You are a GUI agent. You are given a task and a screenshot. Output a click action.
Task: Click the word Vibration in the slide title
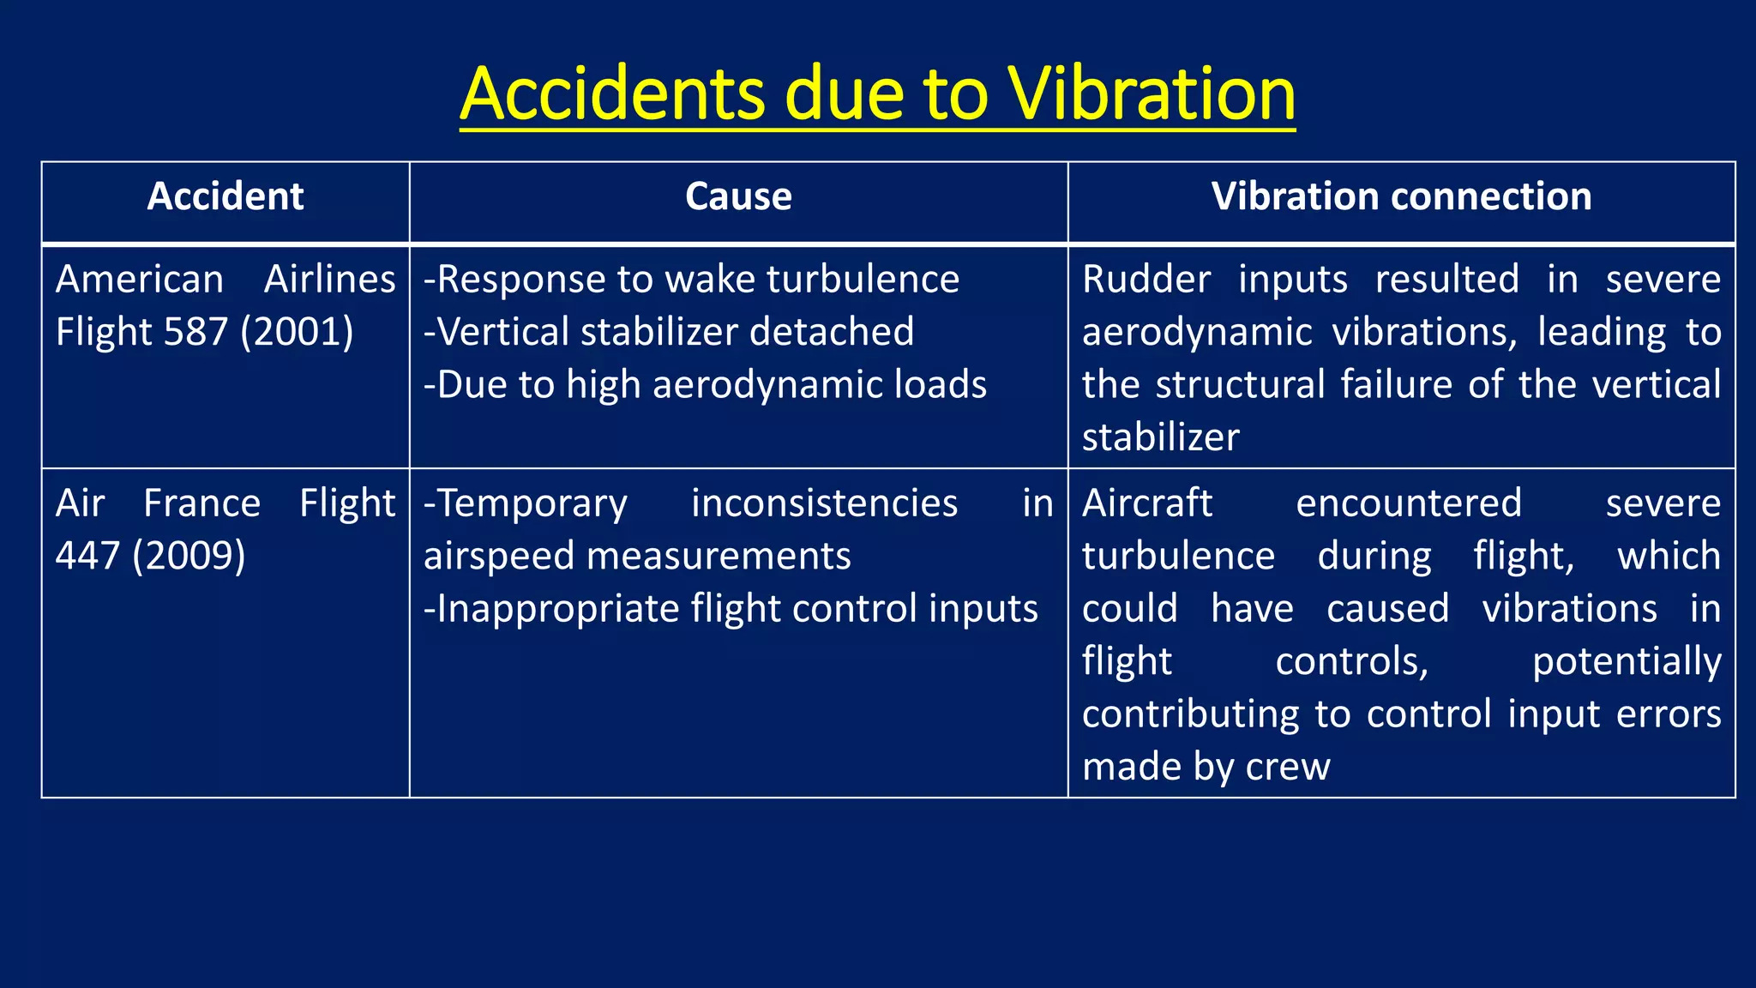[x=1151, y=94]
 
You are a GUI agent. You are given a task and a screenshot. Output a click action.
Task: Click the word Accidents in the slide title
[x=612, y=94]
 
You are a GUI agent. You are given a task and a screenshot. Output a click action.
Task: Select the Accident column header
[x=226, y=196]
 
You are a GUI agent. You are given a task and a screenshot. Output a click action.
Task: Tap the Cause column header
[x=738, y=196]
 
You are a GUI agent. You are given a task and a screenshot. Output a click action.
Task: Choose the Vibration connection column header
[x=1401, y=196]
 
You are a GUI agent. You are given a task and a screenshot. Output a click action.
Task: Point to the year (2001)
[x=297, y=332]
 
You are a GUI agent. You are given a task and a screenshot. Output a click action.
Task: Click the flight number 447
[x=87, y=556]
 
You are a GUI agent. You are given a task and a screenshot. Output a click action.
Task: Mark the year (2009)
[x=189, y=556]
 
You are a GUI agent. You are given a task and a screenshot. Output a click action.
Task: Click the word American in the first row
[x=140, y=280]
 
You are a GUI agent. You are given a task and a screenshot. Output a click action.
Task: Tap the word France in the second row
[x=201, y=503]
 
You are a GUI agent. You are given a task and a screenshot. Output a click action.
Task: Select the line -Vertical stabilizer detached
[x=669, y=332]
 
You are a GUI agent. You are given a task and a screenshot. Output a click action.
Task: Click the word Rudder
[x=1146, y=280]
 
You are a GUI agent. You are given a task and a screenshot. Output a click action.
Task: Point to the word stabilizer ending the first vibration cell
[x=1160, y=437]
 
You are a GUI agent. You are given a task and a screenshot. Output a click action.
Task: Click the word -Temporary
[x=526, y=503]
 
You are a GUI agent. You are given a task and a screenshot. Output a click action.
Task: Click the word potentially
[x=1627, y=661]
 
